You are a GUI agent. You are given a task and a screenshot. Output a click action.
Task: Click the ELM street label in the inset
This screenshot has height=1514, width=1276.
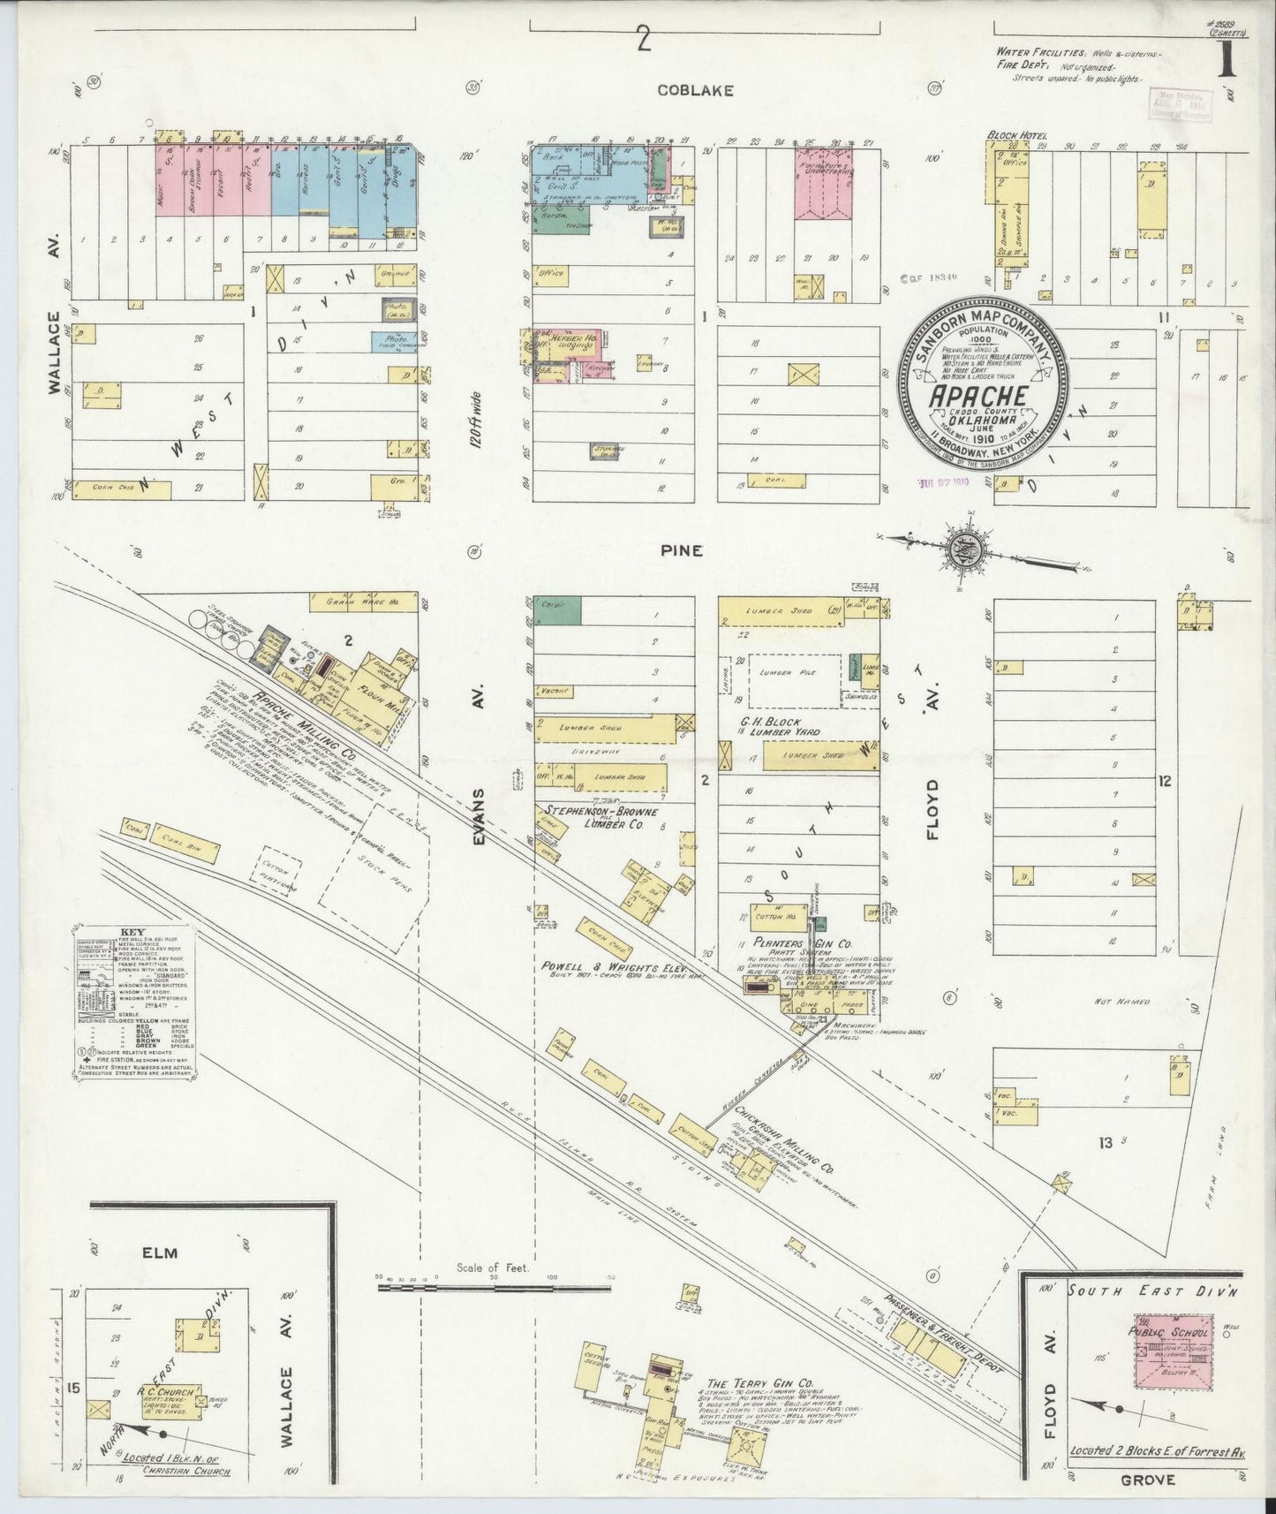coord(166,1253)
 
